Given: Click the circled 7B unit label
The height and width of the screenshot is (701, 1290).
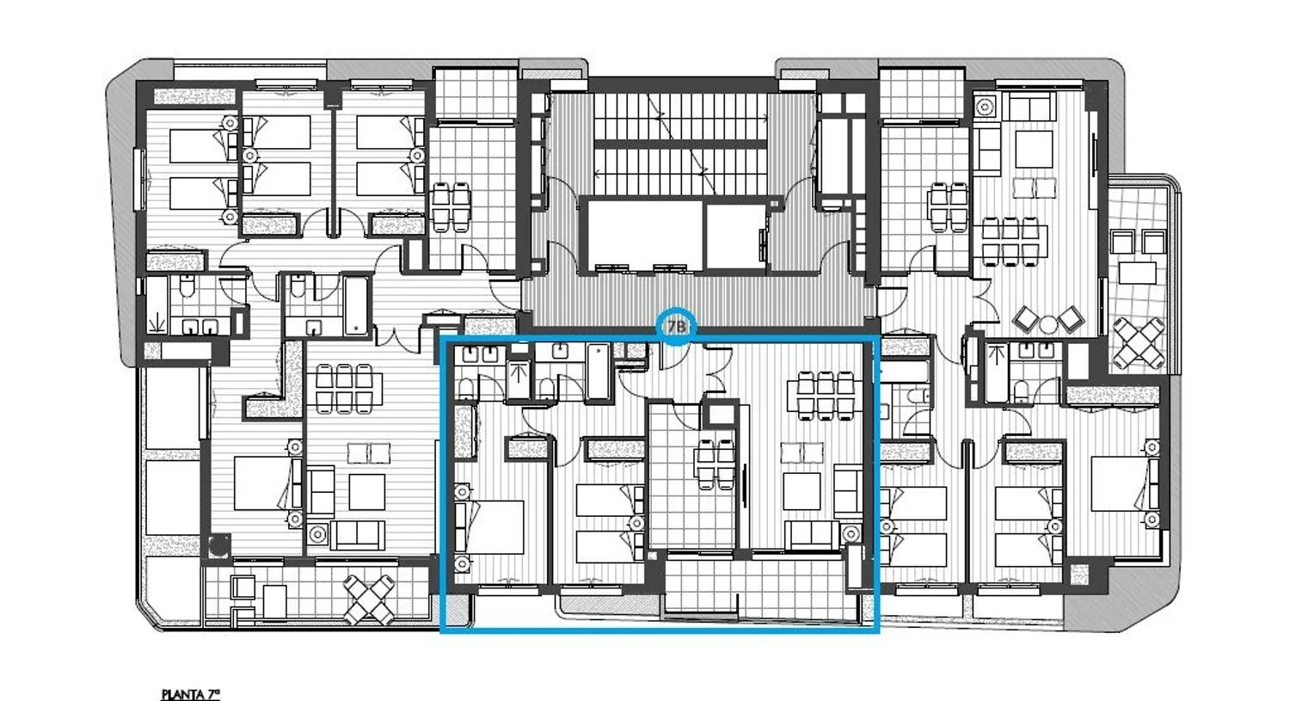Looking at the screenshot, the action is pos(677,327).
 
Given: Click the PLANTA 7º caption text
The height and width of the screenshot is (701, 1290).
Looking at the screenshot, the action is pos(191,694).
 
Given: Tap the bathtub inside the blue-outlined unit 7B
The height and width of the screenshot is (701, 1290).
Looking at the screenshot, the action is pos(599,372).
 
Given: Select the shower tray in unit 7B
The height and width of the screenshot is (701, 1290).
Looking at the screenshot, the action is pos(519,379).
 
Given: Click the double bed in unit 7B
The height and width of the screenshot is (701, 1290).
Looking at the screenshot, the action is pos(489,527).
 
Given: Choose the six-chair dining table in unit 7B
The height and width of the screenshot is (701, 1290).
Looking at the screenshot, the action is pos(826,396).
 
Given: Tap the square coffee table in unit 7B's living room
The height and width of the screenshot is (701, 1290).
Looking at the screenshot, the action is pos(802,491).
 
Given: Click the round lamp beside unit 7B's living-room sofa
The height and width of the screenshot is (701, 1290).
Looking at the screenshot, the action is pos(851,534).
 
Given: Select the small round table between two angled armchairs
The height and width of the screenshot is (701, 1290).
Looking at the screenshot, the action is pos(1048,325).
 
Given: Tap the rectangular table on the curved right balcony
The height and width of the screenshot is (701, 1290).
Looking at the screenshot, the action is pos(1138,273).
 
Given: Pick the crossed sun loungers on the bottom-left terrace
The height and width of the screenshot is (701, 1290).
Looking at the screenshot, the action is pos(369,600).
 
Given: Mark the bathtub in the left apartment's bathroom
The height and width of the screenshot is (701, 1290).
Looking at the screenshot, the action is pos(356,306).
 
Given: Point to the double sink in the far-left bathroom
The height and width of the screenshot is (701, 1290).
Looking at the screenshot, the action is pos(200,327).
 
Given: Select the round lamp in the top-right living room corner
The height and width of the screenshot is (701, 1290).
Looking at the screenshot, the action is pos(985,107).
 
